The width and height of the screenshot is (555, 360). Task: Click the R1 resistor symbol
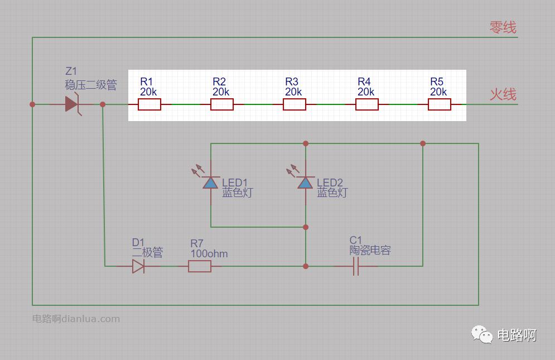[x=149, y=104]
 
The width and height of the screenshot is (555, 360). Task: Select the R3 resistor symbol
[x=295, y=104]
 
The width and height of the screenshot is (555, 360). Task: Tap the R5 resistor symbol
[x=440, y=104]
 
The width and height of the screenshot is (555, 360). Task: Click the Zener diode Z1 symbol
[x=72, y=104]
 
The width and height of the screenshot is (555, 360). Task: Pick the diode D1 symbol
[x=138, y=266]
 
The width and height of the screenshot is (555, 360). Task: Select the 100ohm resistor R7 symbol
[x=200, y=266]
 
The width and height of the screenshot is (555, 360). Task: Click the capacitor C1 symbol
[x=356, y=267]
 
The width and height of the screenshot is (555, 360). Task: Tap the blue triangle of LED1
[x=210, y=183]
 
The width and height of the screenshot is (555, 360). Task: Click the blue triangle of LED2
[x=305, y=183]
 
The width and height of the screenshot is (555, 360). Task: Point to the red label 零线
[x=503, y=27]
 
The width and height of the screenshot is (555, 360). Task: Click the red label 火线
[x=503, y=94]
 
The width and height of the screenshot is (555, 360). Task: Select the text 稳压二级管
[x=91, y=85]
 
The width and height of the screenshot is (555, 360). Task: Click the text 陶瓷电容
[x=370, y=251]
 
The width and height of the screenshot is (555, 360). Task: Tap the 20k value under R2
[x=221, y=92]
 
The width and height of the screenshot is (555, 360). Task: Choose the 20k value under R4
[x=366, y=92]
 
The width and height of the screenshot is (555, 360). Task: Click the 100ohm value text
[x=209, y=253]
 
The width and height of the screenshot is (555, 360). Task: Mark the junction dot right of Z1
[x=103, y=104]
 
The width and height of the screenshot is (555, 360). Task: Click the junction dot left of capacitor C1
[x=306, y=266]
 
